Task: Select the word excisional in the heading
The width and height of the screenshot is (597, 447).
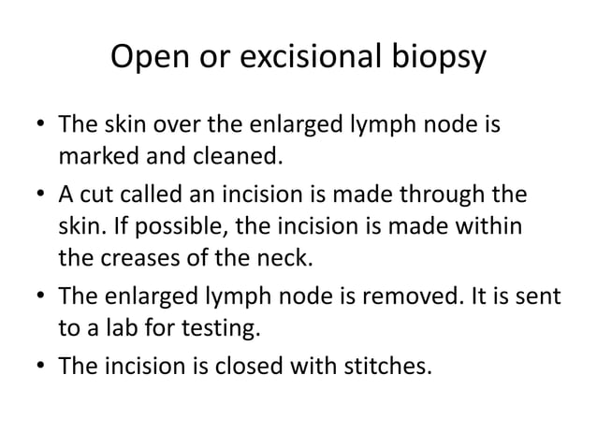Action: (309, 58)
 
